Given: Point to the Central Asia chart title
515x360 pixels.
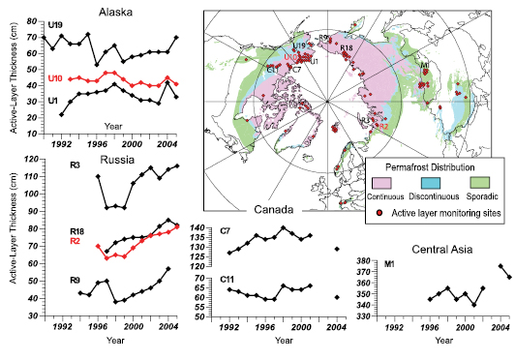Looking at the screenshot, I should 438,250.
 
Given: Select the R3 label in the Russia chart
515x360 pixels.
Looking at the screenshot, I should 75,165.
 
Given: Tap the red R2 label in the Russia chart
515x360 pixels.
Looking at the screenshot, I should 75,239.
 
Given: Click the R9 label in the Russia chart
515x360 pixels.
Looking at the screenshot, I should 75,281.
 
